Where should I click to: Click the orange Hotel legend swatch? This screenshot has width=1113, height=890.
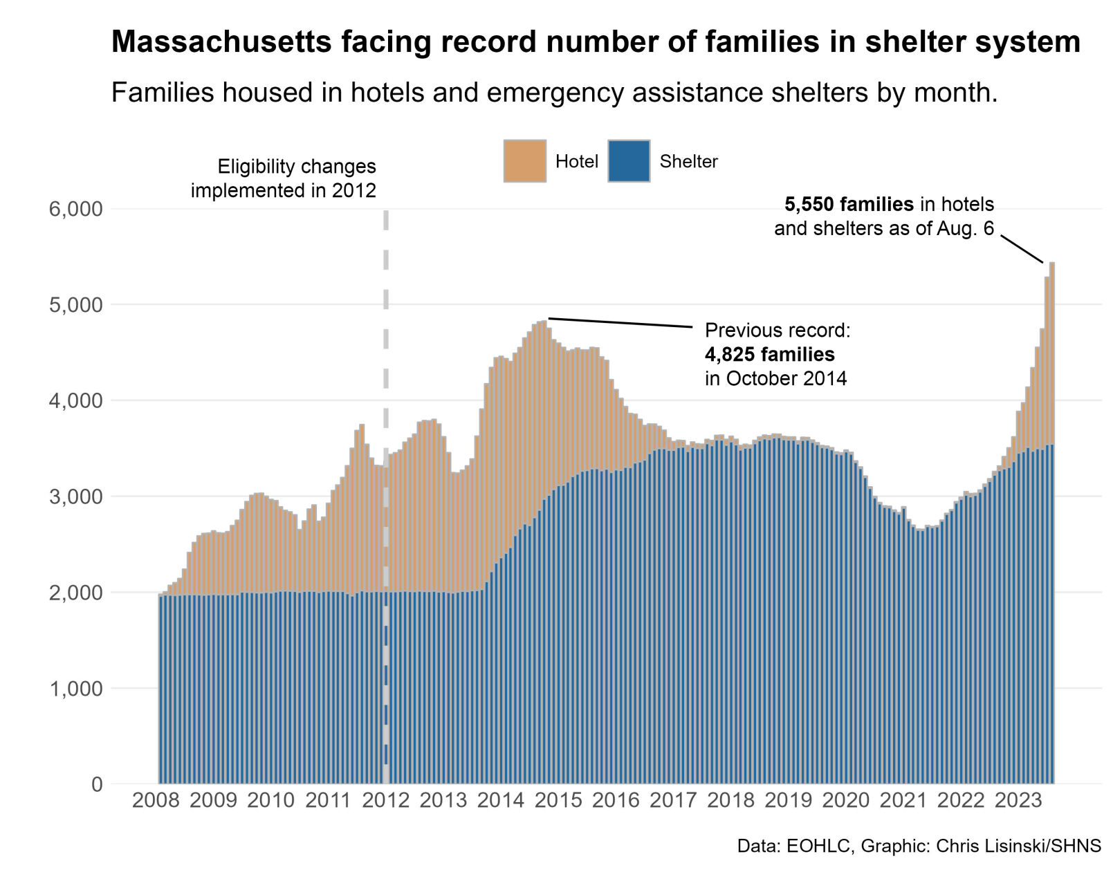click(524, 161)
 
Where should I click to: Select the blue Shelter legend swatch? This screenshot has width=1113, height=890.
click(628, 161)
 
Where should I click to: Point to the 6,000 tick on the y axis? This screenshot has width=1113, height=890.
click(75, 209)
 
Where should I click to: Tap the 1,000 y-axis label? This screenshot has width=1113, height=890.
click(75, 689)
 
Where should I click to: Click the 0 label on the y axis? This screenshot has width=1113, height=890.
click(96, 785)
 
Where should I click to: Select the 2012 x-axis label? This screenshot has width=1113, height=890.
click(386, 801)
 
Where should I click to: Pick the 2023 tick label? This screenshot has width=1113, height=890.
click(1018, 801)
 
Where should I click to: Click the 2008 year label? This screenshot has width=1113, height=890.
click(156, 801)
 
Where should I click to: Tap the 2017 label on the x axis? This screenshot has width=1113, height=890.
click(673, 801)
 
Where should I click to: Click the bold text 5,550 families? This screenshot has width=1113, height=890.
click(849, 205)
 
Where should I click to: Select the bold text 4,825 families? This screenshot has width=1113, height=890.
click(769, 355)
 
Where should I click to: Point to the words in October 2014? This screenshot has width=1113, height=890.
click(775, 379)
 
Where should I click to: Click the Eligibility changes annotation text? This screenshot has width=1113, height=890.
click(296, 167)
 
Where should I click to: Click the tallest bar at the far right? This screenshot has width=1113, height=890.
click(1051, 526)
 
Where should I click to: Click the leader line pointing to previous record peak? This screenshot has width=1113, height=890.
click(619, 322)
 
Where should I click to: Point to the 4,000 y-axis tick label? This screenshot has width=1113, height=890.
click(75, 401)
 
